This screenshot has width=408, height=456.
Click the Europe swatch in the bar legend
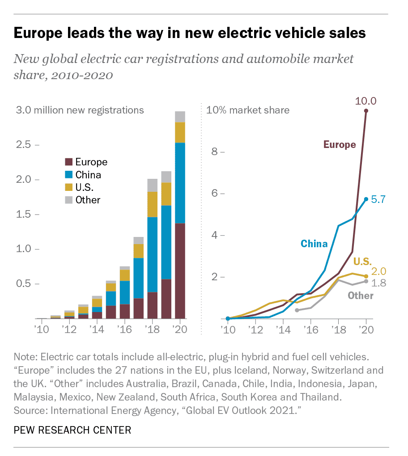tap(69, 162)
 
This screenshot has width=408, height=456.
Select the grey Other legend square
tap(69, 200)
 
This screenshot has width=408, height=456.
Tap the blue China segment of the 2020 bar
tap(180, 183)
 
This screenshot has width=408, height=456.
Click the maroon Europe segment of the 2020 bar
tap(180, 271)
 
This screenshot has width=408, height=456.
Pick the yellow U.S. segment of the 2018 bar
tap(153, 204)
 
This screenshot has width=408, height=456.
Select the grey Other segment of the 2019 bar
tap(166, 177)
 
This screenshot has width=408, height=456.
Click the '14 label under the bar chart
tap(97, 329)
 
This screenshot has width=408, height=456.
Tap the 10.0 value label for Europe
tap(365, 101)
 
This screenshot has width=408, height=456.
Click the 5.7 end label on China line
tap(378, 199)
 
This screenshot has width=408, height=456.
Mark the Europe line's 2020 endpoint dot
tap(366, 111)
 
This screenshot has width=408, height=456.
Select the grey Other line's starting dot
tap(297, 310)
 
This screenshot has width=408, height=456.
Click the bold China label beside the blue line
tap(314, 244)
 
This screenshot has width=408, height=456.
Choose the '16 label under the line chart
tap(311, 330)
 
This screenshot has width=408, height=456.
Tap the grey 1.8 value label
tap(378, 283)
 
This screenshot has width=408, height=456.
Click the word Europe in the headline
tap(38, 33)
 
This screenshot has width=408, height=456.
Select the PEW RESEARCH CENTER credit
tap(72, 430)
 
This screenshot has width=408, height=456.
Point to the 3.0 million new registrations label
tap(80, 110)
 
